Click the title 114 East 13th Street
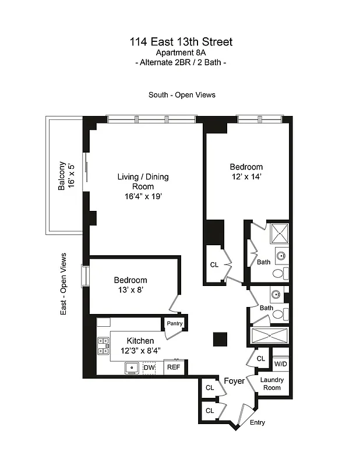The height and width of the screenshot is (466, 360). [181, 41]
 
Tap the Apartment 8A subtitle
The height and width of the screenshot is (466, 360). [181, 52]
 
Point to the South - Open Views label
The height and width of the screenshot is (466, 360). [182, 95]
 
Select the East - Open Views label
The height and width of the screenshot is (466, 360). [63, 284]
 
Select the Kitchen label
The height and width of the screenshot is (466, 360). [140, 341]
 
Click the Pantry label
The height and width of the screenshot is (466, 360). [175, 324]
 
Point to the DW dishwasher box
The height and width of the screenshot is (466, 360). [149, 368]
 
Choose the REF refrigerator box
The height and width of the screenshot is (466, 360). [174, 368]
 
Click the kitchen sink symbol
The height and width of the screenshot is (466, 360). [131, 368]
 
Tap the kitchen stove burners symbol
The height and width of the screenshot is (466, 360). [103, 346]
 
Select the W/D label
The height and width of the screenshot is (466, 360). [280, 364]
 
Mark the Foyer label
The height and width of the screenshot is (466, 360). [234, 381]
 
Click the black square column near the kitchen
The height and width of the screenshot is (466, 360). [220, 339]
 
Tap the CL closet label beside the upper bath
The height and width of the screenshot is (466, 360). [214, 264]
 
